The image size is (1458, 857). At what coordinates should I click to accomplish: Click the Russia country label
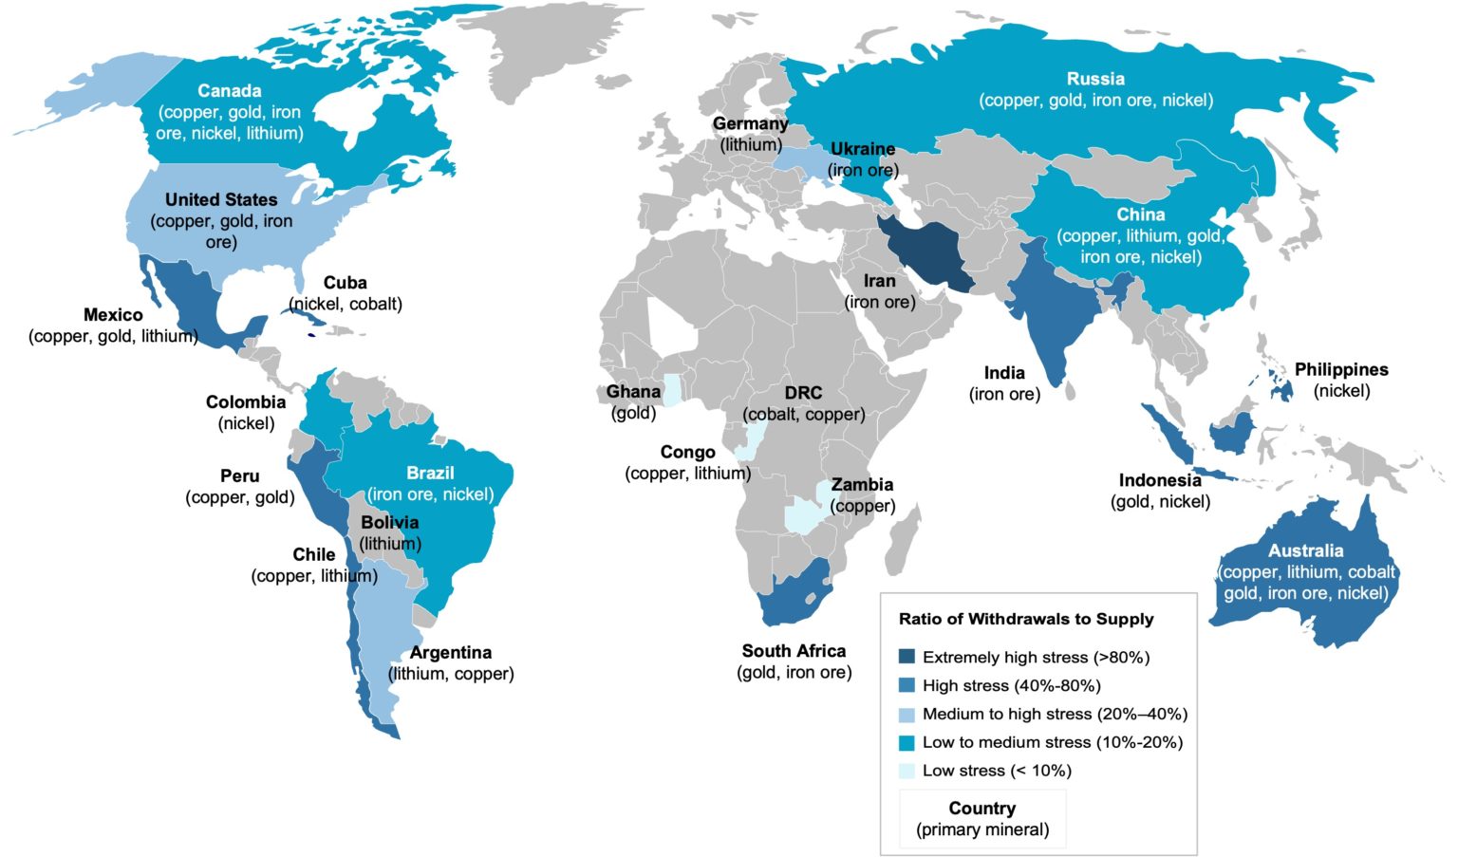(1095, 79)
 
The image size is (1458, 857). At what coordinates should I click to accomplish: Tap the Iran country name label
(879, 281)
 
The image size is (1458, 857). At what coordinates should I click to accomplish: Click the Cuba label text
(345, 283)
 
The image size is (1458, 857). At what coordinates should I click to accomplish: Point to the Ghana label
(633, 392)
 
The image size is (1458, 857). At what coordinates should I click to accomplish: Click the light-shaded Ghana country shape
(672, 390)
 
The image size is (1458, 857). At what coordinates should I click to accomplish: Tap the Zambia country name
(862, 485)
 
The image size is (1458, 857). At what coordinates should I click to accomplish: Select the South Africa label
(794, 651)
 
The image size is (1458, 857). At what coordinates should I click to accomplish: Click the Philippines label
(1340, 370)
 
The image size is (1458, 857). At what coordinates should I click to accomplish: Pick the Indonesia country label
(1160, 480)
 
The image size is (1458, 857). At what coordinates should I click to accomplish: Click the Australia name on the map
(1305, 550)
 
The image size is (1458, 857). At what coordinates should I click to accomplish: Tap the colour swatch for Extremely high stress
(907, 657)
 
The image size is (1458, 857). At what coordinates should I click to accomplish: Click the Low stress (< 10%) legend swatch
(907, 771)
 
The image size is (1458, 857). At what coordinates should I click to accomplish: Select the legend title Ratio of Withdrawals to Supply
(1025, 619)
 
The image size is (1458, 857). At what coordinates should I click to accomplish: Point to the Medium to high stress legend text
(1054, 714)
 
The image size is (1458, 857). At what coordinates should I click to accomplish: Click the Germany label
(750, 124)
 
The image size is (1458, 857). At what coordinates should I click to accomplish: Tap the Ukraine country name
(862, 149)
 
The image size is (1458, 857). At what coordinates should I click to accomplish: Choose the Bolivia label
(389, 523)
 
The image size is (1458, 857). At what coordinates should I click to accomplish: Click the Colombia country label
(246, 402)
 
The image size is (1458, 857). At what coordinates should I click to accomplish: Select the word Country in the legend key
(981, 809)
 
